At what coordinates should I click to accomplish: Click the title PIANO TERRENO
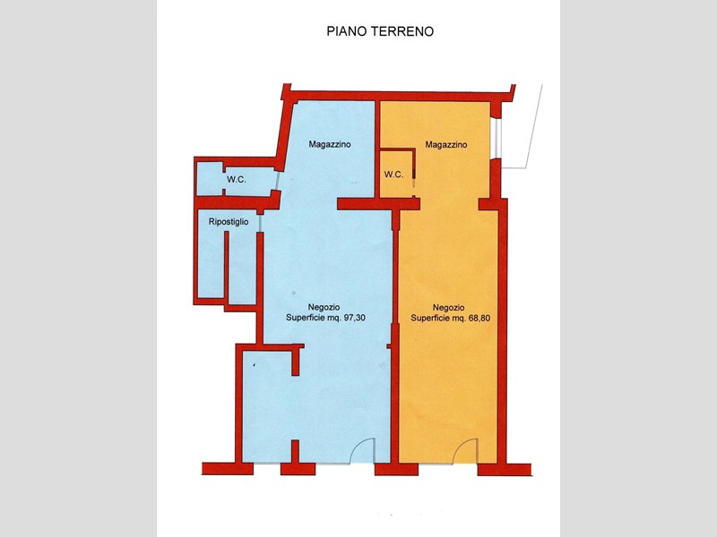pos(380,31)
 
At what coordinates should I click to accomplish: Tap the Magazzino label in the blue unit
pos(330,144)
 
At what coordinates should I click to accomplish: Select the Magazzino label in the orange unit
pos(446,145)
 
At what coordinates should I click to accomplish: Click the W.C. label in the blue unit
pos(237,180)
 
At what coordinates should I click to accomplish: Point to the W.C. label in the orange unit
pos(393,175)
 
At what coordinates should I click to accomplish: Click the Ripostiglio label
pos(229,222)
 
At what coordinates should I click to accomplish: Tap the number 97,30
pos(354,318)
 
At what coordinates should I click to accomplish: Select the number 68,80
pos(479,318)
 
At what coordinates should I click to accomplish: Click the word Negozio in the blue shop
pos(324,307)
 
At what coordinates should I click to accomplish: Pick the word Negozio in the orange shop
pos(449,307)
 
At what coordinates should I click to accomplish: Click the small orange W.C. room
pos(397,174)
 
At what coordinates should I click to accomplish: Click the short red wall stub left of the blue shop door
pos(296,452)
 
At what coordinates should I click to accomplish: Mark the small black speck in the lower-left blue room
pos(255,365)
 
